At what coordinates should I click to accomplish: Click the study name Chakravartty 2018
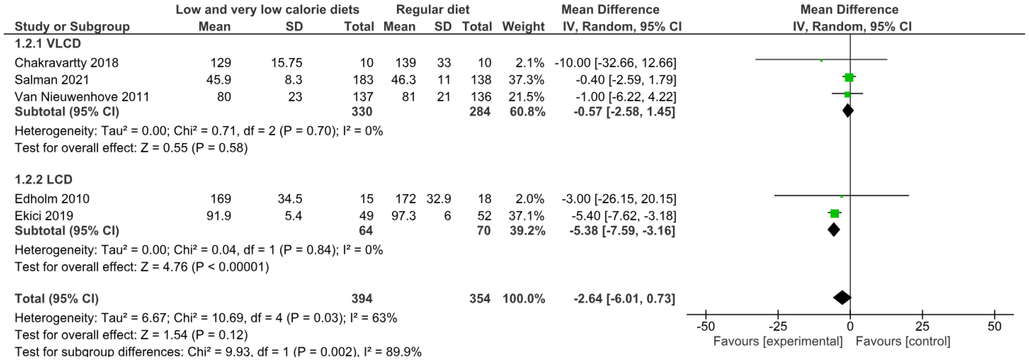point(66,63)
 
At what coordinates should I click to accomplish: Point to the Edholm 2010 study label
point(52,199)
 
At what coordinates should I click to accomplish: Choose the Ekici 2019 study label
point(44,216)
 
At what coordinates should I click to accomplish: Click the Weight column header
point(523,26)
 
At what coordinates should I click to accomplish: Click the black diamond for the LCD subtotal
point(834,230)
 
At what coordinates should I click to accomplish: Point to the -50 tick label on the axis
point(705,326)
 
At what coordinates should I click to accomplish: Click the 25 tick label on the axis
point(922,326)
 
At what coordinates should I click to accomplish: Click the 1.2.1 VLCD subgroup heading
point(47,43)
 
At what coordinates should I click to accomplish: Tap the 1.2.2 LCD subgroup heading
point(43,179)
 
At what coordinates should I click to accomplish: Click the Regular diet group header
point(433,10)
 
